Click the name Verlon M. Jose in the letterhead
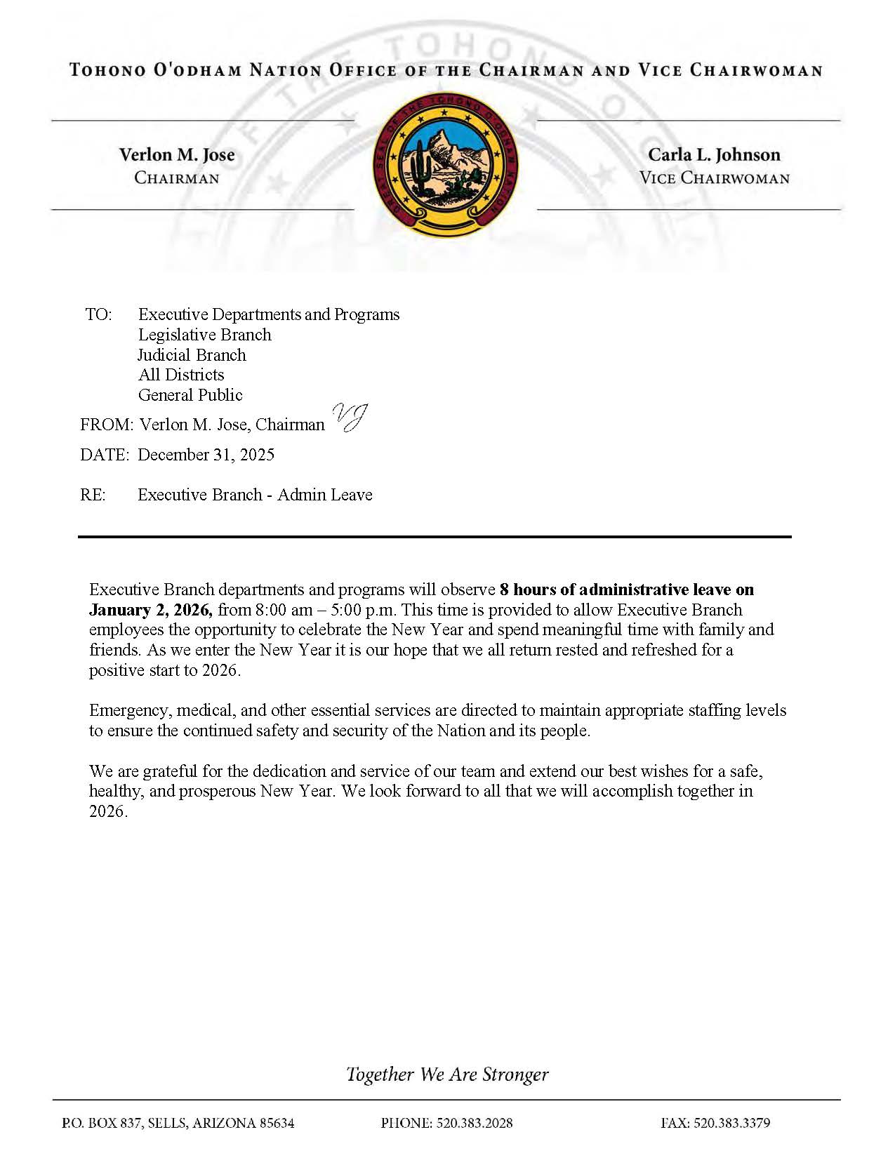[x=177, y=154]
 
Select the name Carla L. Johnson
[x=714, y=154]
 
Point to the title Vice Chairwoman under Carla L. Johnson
[x=714, y=178]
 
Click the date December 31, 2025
[x=206, y=455]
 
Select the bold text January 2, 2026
[x=150, y=609]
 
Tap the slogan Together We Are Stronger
[x=447, y=1074]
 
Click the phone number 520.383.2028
[x=475, y=1123]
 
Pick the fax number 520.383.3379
[x=731, y=1123]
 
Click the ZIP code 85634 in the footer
[x=277, y=1123]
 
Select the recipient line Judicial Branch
[x=192, y=355]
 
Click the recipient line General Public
[x=190, y=395]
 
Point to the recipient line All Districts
[x=181, y=375]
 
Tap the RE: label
[x=93, y=495]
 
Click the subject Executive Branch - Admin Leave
[x=255, y=495]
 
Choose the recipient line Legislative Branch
[x=204, y=335]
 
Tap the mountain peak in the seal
[x=444, y=136]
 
